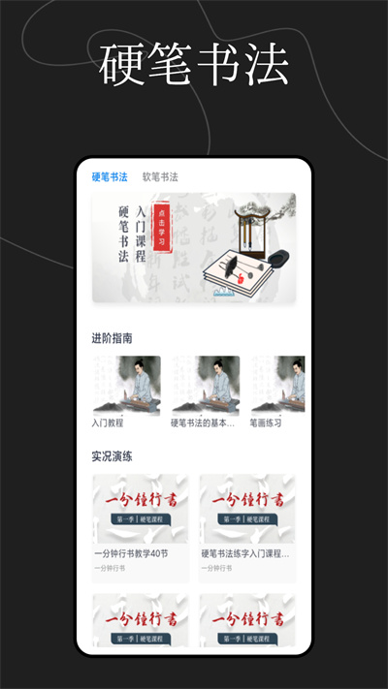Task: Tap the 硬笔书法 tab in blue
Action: click(110, 177)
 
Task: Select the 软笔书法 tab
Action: click(160, 177)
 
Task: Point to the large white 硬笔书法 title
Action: click(194, 63)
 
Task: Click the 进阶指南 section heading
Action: click(113, 338)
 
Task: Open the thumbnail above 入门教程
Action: click(126, 385)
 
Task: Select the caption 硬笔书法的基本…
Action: click(203, 423)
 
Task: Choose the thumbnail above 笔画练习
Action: click(277, 385)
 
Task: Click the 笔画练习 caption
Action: click(271, 423)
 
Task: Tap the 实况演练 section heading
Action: click(113, 454)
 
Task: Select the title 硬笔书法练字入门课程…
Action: click(245, 554)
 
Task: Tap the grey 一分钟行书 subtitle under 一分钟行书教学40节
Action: click(110, 568)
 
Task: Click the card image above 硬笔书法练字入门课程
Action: click(247, 509)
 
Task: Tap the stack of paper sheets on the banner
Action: click(238, 270)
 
